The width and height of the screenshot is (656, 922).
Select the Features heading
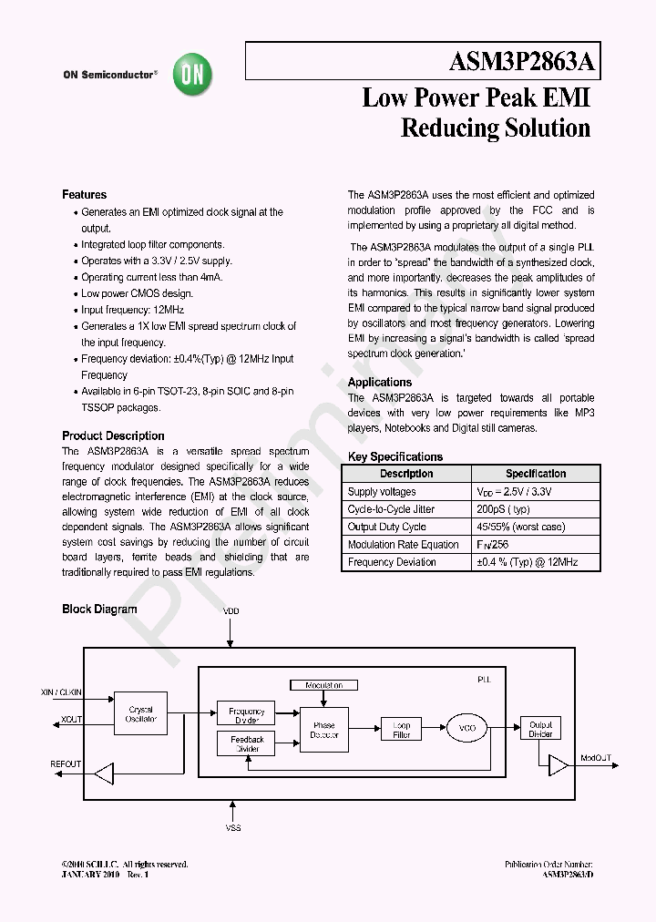84,195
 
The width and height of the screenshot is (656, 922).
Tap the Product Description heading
113,435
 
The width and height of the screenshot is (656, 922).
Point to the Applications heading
380,383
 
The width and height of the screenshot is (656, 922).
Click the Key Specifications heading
395,457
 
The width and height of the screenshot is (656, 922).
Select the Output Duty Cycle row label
386,527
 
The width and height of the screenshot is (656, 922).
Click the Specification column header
535,474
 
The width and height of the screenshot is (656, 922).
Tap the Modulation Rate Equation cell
403,545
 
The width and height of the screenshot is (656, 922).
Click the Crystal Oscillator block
141,714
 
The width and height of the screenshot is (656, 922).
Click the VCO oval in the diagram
467,728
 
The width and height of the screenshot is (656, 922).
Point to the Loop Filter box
402,730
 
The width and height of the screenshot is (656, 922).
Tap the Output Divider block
540,728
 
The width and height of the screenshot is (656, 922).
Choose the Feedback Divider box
246,744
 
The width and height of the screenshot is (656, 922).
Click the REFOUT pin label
66,763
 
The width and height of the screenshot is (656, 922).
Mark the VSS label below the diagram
232,827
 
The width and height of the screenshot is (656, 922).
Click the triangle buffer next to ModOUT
558,764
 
